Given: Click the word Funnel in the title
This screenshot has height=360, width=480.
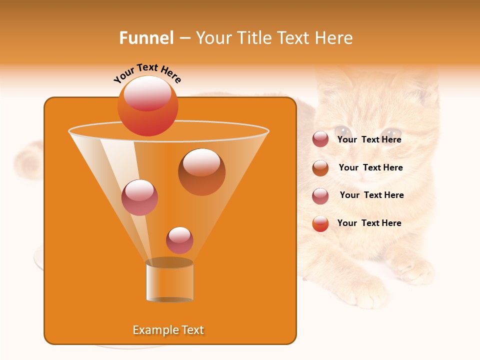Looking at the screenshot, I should [146, 38].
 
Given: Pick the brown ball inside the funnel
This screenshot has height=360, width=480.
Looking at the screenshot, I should [201, 171].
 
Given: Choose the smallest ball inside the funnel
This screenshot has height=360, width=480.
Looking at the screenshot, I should [179, 240].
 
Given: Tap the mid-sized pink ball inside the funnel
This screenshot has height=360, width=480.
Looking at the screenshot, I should [139, 197].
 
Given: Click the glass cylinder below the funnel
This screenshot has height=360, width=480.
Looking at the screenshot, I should [169, 281].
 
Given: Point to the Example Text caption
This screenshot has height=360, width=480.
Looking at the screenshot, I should [168, 330].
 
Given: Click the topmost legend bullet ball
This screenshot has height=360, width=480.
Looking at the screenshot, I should [320, 139].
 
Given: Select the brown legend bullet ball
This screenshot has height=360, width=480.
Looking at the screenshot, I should [320, 167].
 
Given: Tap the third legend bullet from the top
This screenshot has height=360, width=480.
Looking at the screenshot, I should [320, 195].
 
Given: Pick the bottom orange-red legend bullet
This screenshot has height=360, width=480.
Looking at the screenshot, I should [320, 223].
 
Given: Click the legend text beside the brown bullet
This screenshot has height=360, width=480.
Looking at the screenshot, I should [370, 167].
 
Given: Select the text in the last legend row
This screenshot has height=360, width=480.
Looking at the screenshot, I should [369, 223].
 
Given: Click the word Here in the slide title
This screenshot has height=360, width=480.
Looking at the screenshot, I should [334, 38].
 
